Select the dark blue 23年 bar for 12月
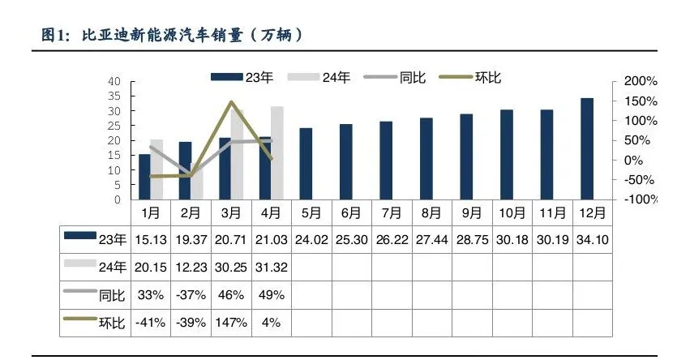point(586,148)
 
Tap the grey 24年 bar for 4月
point(276,152)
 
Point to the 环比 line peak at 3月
point(231,102)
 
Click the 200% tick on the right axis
point(640,82)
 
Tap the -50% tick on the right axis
point(640,180)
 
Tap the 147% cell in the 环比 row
point(231,322)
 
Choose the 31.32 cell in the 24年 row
point(272,267)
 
